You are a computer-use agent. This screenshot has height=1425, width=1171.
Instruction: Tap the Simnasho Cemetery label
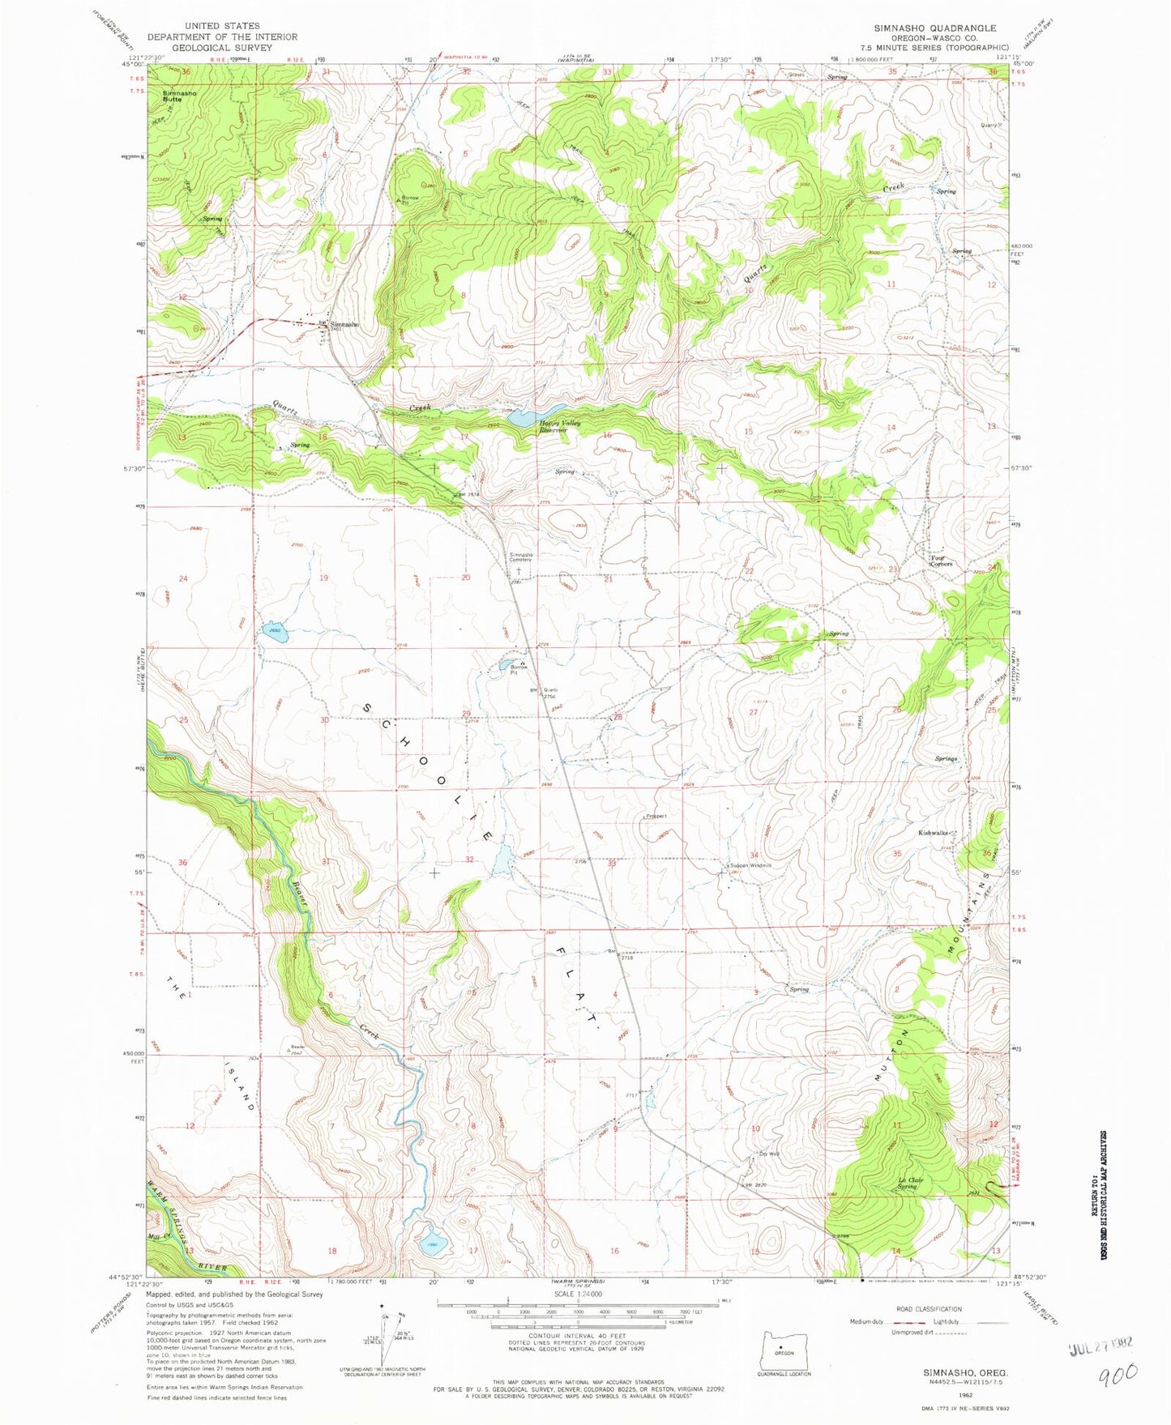pyautogui.click(x=520, y=557)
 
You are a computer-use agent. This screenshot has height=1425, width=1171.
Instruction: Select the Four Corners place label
pyautogui.click(x=938, y=561)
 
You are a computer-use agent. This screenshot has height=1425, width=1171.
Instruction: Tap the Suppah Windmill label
pyautogui.click(x=750, y=865)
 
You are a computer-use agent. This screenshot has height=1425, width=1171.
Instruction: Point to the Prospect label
pyautogui.click(x=656, y=816)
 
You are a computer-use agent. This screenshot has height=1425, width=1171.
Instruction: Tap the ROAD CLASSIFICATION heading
pyautogui.click(x=929, y=1309)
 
